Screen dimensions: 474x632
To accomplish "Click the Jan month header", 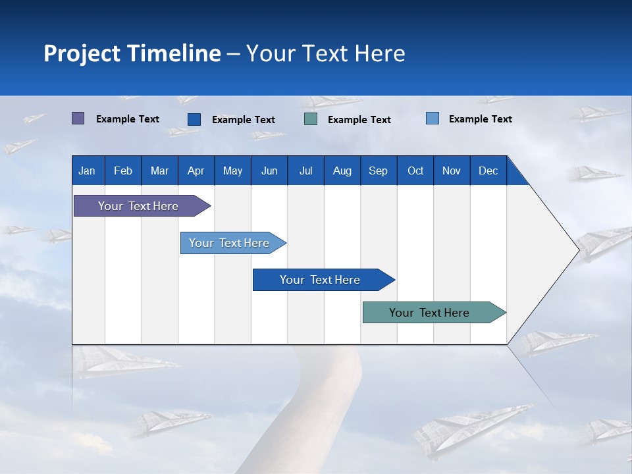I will (87, 171).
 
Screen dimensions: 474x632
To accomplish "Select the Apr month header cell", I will (196, 171).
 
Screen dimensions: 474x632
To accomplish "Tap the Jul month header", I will (305, 171).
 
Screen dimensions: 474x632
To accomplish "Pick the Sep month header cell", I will (378, 171).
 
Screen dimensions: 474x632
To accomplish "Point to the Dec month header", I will (488, 171).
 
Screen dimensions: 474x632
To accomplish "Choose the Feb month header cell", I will (123, 171).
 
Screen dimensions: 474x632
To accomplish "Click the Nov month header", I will (452, 171).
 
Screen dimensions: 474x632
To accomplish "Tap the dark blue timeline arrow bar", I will (321, 280).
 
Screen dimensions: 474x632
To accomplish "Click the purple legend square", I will (78, 118).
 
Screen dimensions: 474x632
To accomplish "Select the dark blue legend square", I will (194, 119).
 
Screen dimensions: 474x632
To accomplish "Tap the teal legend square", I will (311, 119).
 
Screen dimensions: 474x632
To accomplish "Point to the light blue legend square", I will (433, 118).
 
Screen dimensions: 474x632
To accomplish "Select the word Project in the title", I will (81, 53).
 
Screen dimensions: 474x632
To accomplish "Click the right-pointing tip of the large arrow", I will (577, 250).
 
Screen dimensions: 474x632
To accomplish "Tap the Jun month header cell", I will (269, 171).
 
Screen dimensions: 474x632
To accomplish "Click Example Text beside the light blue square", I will (480, 119).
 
